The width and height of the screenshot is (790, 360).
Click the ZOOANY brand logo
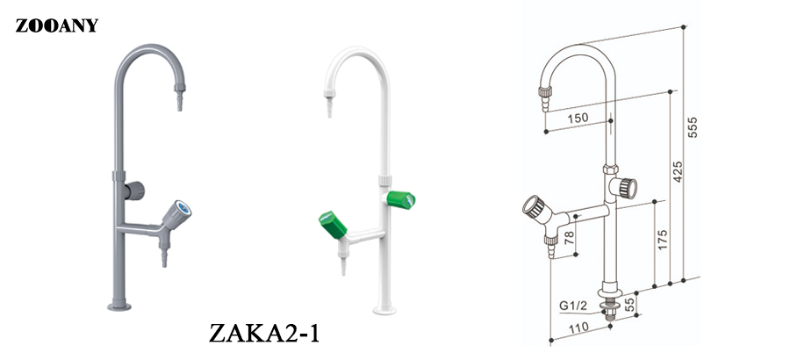(x=56, y=25)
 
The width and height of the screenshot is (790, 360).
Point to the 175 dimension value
(x=663, y=241)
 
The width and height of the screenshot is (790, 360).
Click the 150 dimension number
(x=578, y=119)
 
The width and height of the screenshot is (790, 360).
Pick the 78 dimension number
(x=570, y=237)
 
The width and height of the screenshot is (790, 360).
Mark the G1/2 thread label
(x=572, y=306)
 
